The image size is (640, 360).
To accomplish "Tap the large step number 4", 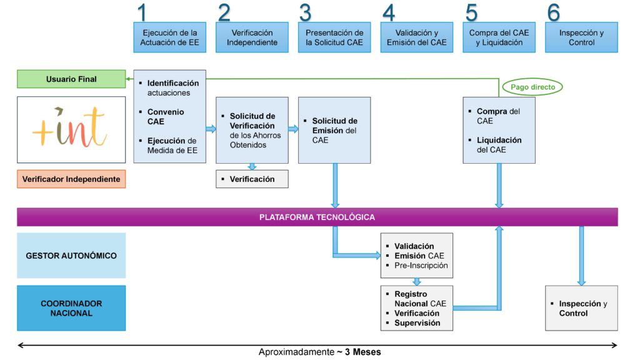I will coord(389,13).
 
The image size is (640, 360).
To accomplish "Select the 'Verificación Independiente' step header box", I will coord(252,37).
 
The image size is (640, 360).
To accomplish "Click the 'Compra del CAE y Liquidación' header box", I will coord(499,37).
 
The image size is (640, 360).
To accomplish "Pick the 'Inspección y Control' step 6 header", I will coord(581,37).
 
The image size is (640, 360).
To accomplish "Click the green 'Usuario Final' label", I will coord(71,79).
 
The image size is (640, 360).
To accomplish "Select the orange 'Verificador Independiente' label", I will coord(71,179).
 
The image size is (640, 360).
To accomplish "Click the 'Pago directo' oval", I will coord(532,87).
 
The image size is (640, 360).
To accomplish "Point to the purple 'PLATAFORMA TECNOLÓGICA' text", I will coord(317,217).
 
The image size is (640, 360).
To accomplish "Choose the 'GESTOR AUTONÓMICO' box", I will coord(71,256).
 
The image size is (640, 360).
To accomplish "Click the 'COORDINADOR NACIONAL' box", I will coord(71,308).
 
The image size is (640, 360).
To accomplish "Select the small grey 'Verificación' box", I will coord(252,179).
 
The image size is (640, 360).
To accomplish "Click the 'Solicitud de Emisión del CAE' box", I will coord(334,130).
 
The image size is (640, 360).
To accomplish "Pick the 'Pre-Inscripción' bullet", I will coord(421,266).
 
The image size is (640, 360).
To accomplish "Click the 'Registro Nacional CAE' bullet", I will coord(420,299).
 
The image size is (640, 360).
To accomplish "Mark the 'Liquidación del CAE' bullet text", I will coord(499,145).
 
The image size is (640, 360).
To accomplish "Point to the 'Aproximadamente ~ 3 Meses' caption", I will coord(319,352).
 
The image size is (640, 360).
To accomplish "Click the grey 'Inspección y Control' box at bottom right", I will coord(581,308).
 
